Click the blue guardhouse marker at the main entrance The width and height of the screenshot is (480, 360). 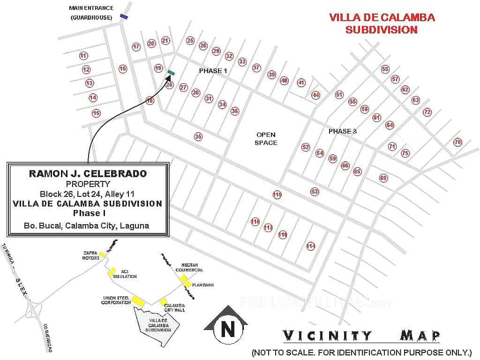point(124,16)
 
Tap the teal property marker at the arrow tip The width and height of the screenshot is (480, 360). point(171,72)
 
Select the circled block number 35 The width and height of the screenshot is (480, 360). point(198,136)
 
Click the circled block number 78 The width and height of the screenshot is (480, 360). point(457,142)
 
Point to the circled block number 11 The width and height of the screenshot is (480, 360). point(83,56)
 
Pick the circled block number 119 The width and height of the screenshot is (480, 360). point(277,195)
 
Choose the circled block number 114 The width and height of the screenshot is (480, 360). point(310,246)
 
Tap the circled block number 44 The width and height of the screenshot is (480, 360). point(316,95)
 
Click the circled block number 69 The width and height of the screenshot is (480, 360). point(383,178)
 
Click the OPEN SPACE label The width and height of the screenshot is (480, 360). point(266,138)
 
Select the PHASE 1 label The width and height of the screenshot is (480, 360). point(213,71)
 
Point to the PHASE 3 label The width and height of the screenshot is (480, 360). point(342,131)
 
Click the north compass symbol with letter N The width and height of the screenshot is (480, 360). point(228,327)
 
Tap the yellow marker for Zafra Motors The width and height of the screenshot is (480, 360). point(102,255)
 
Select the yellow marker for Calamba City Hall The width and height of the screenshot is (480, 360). point(163,302)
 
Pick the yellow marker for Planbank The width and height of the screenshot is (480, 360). point(187,284)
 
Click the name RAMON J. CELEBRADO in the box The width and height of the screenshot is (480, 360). point(88,173)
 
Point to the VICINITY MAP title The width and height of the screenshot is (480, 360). point(361,336)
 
